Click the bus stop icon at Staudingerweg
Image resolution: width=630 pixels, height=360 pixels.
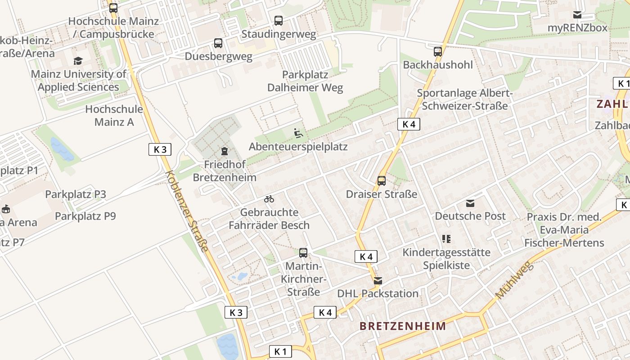[279, 21]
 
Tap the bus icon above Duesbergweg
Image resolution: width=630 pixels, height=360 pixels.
[218, 43]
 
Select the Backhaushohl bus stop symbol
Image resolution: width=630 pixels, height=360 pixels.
[438, 52]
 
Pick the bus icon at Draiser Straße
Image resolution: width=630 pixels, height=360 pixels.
[382, 181]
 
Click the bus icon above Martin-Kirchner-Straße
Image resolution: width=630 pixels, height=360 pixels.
[303, 253]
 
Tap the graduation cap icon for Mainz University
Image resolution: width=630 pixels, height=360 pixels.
[78, 61]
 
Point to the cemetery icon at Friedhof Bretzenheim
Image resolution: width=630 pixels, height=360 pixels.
[225, 151]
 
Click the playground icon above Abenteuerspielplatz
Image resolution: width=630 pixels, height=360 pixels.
[298, 133]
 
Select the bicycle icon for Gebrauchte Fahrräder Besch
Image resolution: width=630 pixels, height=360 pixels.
[269, 199]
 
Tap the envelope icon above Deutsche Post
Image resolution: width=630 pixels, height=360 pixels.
[470, 203]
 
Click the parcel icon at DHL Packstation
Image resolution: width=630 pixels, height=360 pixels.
[378, 281]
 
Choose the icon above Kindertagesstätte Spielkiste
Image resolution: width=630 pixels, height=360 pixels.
[446, 239]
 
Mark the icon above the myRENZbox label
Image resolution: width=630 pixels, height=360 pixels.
[577, 15]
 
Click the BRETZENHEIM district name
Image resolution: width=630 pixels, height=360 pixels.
[403, 326]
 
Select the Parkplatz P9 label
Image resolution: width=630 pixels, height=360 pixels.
[85, 216]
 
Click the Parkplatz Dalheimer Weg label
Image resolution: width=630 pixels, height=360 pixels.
[305, 81]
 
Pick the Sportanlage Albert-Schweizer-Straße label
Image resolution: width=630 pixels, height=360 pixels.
[465, 99]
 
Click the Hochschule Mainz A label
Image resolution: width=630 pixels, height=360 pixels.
[114, 115]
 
